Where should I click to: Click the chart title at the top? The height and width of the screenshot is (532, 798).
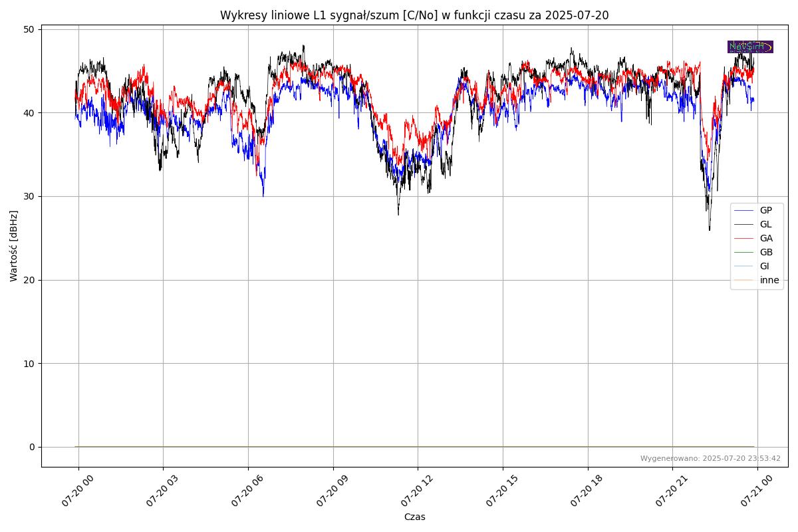coord(414,15)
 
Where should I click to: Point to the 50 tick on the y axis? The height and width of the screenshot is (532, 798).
coord(29,29)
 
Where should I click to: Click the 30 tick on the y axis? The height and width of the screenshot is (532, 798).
coord(29,196)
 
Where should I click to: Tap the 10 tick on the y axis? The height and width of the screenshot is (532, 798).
coord(29,363)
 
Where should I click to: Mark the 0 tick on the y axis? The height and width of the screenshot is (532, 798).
coord(32,447)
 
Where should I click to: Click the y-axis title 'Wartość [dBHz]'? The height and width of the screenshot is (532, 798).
coord(14,246)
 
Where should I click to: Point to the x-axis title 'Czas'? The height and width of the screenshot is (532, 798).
coord(414,517)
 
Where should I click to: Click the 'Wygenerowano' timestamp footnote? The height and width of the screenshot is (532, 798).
coord(710,458)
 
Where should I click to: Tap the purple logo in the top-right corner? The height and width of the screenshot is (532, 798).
coord(750,47)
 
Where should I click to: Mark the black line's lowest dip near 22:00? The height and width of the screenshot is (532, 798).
coord(710,229)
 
